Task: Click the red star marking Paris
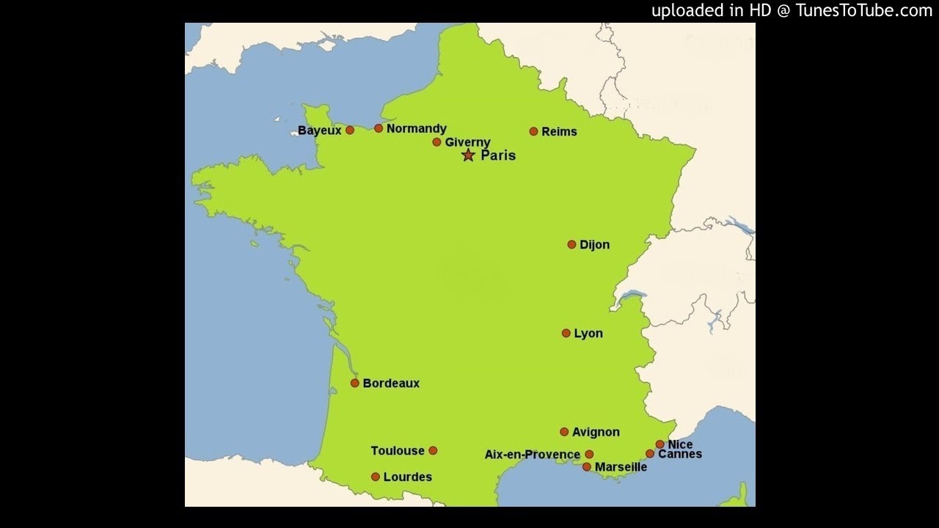coord(468,155)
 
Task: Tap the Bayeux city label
coord(320,131)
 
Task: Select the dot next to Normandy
coord(379,128)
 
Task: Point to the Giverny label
coord(467,142)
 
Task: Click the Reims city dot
coord(533,131)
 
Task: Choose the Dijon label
coord(594,245)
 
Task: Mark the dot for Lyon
coord(566,333)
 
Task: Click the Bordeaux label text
coord(391,384)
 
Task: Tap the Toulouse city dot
coord(433,450)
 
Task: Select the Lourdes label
coord(407,477)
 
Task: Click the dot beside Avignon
coord(564,432)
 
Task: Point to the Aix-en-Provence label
coord(532,455)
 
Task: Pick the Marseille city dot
coord(587,466)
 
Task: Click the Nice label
coord(680,444)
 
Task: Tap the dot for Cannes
coord(650,454)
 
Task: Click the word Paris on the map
coord(498,155)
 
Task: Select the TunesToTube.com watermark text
coord(792,10)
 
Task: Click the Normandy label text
coord(416,129)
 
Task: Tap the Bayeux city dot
coord(350,130)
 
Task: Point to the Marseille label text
coord(621,467)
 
